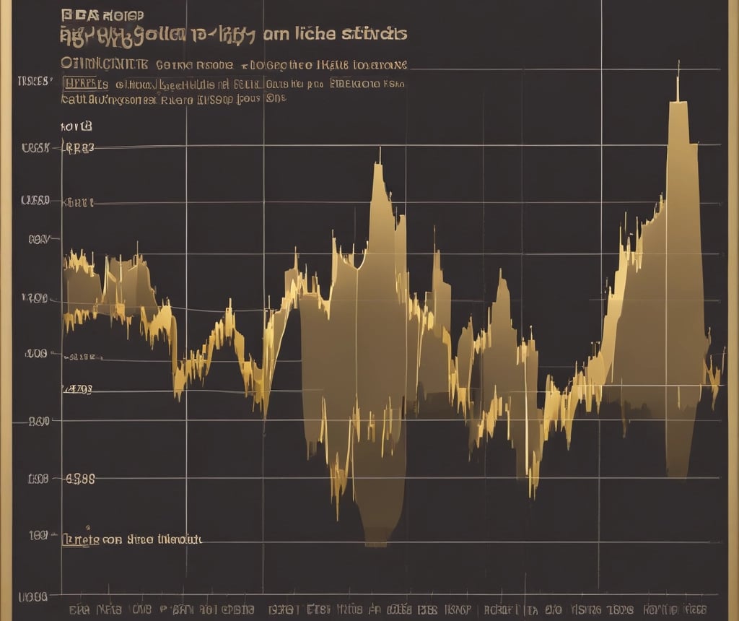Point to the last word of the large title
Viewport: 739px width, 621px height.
point(373,34)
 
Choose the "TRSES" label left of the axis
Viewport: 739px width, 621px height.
point(34,81)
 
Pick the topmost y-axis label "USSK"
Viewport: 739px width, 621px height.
point(35,149)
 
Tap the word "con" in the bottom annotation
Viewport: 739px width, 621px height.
point(112,539)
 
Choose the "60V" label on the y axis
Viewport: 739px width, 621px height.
point(38,239)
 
